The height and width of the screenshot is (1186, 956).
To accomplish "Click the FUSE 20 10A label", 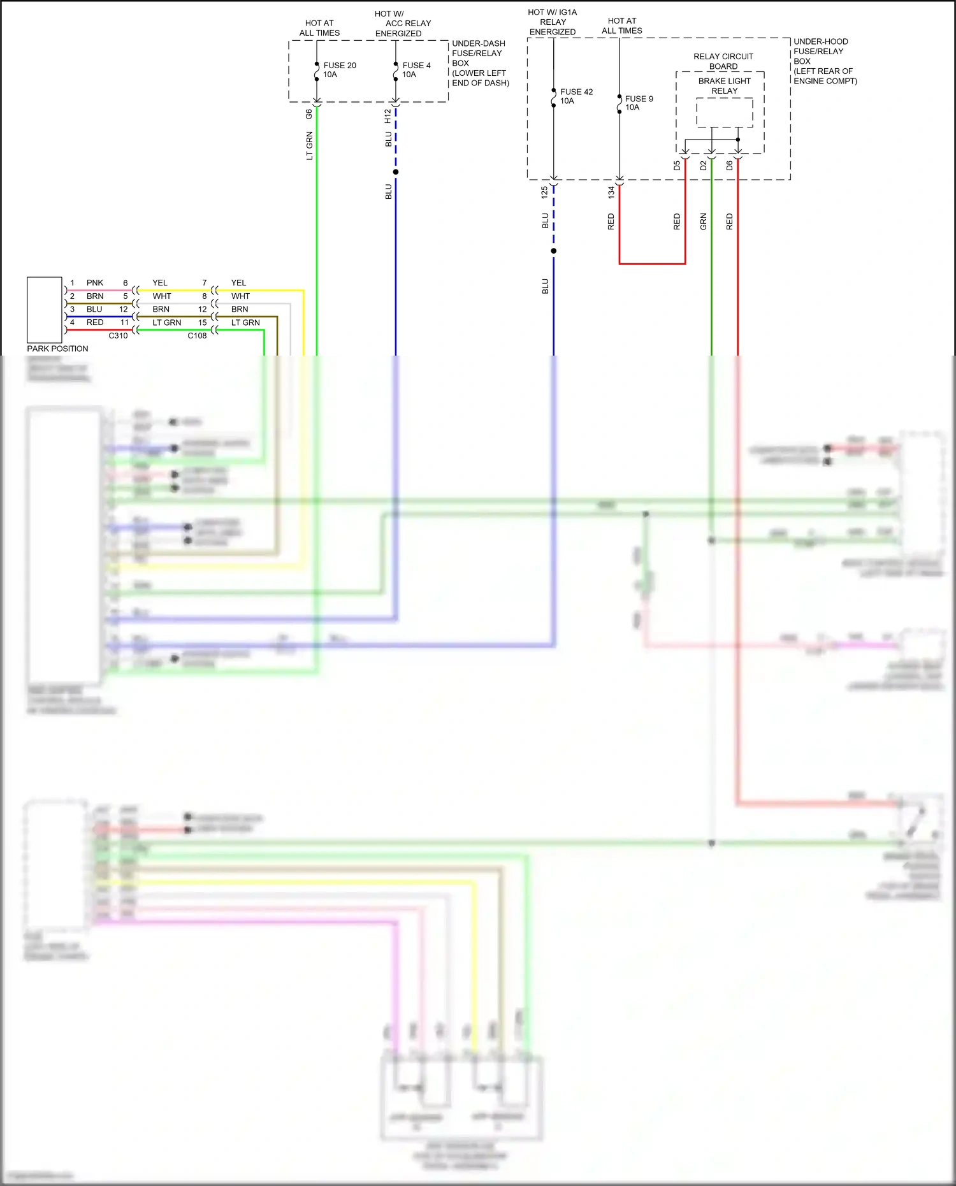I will (339, 70).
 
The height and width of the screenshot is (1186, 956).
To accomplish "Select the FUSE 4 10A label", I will (416, 70).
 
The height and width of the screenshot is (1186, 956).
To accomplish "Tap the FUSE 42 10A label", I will (576, 96).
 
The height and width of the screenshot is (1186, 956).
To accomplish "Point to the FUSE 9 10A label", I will (638, 103).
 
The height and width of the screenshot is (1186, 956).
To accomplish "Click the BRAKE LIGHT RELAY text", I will (724, 86).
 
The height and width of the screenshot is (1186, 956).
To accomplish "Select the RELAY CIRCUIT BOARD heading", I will (723, 61).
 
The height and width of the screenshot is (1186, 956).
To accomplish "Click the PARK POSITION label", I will (57, 349).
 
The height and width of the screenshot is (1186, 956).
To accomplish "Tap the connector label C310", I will (118, 336).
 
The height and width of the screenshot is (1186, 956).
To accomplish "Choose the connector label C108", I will (197, 336).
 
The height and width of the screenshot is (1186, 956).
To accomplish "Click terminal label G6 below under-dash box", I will (309, 114).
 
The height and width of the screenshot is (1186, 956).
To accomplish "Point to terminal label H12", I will (387, 116).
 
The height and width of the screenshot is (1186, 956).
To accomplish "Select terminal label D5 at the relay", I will (677, 166).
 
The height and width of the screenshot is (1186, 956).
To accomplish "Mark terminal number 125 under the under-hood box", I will (544, 192).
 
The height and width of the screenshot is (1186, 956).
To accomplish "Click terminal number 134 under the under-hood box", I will (611, 192).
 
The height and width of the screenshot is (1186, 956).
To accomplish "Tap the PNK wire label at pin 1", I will (95, 283).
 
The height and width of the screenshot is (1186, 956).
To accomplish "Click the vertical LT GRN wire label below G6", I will (310, 146).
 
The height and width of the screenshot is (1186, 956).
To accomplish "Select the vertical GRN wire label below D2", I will (703, 222).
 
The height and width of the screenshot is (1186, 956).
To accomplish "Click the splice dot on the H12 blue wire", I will (396, 172).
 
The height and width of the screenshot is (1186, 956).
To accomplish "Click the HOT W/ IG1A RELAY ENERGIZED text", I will (553, 22).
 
